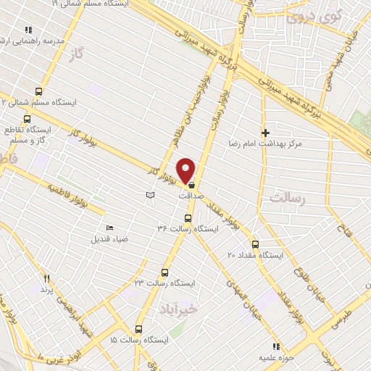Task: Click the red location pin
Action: click(x=186, y=170)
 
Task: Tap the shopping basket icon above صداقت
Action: click(x=191, y=185)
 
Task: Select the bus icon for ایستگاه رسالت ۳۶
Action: click(x=188, y=217)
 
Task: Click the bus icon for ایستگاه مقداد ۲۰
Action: click(x=254, y=244)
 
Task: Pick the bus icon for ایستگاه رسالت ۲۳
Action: click(x=164, y=273)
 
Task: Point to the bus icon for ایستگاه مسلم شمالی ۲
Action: click(x=38, y=92)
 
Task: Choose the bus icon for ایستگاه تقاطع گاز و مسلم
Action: click(x=28, y=119)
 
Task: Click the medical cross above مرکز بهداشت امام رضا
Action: click(x=266, y=133)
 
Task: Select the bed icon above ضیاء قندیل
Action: click(x=109, y=228)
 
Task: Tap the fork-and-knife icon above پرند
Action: click(x=47, y=278)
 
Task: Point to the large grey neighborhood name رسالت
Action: click(x=288, y=197)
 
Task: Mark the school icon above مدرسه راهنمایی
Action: click(x=29, y=30)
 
